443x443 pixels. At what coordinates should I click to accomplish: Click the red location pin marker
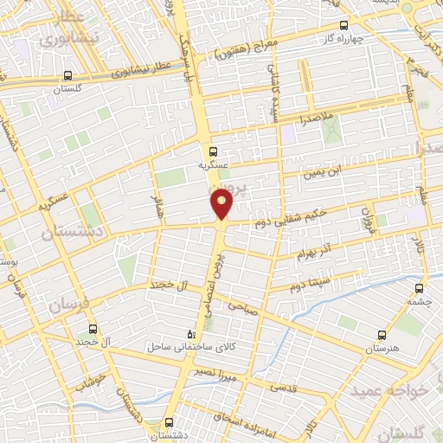click(x=222, y=203)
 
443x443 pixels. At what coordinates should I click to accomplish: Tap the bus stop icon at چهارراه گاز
click(x=343, y=25)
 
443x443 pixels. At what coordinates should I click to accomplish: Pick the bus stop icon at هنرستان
click(x=382, y=334)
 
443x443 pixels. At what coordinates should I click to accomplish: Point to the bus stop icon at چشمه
click(x=420, y=289)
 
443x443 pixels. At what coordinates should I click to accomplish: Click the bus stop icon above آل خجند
click(x=93, y=329)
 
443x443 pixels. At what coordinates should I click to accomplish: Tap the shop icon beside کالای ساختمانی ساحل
click(x=192, y=333)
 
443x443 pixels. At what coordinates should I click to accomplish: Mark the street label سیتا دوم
click(x=308, y=281)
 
